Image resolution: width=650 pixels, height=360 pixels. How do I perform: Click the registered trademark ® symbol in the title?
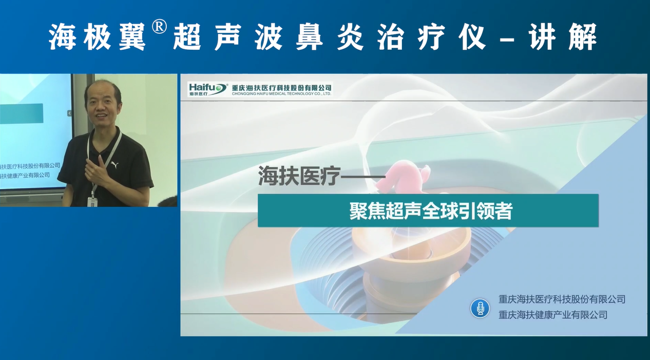point(159,27)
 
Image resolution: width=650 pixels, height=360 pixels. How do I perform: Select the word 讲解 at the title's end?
point(563,37)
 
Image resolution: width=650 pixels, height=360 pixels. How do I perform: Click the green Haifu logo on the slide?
point(208,89)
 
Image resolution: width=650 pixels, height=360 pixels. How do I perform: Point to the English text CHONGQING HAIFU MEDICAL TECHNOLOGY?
point(281,94)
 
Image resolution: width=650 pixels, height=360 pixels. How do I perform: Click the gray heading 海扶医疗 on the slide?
point(299,176)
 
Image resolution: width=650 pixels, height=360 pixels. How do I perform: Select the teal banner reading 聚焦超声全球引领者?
point(428,211)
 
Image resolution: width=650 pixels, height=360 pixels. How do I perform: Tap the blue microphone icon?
point(480,308)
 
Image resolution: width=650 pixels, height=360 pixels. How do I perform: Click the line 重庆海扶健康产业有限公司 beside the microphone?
point(553,315)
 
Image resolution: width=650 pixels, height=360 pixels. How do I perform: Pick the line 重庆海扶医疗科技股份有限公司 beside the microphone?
point(562,299)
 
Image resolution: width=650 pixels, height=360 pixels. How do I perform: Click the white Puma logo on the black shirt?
point(114,165)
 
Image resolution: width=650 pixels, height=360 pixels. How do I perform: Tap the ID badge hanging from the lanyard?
point(92,201)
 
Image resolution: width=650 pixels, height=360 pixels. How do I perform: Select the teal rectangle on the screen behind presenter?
point(22,113)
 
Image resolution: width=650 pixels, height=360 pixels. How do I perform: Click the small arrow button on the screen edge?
point(69,113)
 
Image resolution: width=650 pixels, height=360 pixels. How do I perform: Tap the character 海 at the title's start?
point(62,37)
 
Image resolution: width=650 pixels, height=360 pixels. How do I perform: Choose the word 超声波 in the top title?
point(228,37)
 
